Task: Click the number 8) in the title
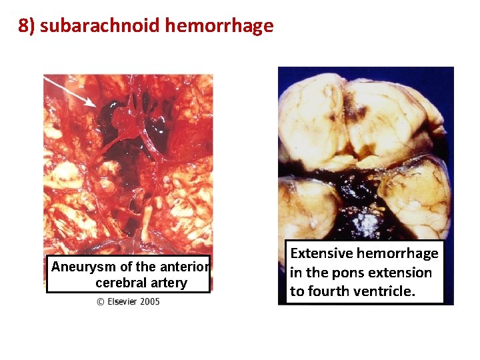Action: pyautogui.click(x=27, y=26)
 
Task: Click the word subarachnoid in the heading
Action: pyautogui.click(x=99, y=26)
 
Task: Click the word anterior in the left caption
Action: pyautogui.click(x=185, y=267)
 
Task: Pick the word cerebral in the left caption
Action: pyautogui.click(x=124, y=283)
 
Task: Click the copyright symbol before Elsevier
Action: pyautogui.click(x=101, y=301)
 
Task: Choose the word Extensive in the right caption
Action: pyautogui.click(x=321, y=253)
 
